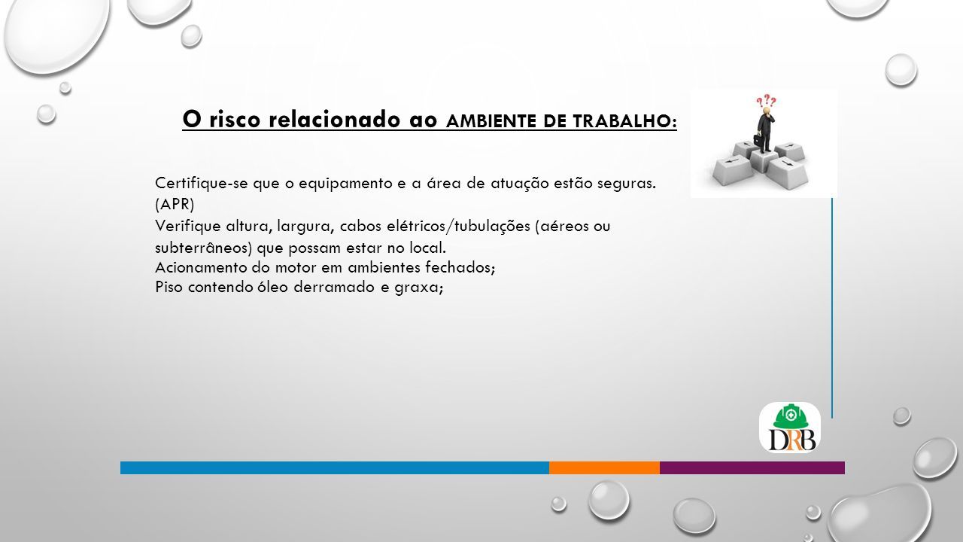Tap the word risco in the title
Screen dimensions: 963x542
(x=235, y=119)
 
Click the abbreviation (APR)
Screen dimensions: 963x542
(x=175, y=204)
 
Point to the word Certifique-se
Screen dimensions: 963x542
(x=201, y=183)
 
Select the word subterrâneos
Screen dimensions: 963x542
(x=203, y=248)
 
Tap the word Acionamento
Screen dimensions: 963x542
(x=201, y=267)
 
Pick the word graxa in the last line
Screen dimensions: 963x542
(x=416, y=288)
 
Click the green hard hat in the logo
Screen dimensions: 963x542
(x=790, y=416)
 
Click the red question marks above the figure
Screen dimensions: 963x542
(x=766, y=101)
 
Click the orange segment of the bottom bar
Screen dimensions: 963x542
(x=604, y=467)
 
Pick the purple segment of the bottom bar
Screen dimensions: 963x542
(x=752, y=467)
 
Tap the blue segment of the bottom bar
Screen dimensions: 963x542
(x=335, y=467)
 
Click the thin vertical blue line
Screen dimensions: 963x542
(x=832, y=308)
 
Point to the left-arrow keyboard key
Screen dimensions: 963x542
(x=733, y=169)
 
